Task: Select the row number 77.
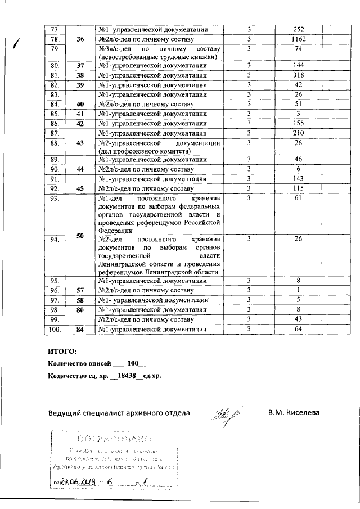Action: [55, 29]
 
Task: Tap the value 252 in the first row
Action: [298, 29]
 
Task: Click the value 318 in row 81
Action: [298, 75]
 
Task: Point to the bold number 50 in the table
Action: [80, 236]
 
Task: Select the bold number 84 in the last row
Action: [80, 329]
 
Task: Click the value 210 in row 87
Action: [298, 133]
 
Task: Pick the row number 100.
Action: [55, 329]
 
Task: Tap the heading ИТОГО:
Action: [62, 352]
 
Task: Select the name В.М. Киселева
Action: [294, 413]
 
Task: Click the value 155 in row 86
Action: [298, 123]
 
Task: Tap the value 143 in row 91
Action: [298, 178]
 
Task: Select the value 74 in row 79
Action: [298, 49]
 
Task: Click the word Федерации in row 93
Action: [115, 230]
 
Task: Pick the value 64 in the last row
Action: [298, 329]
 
